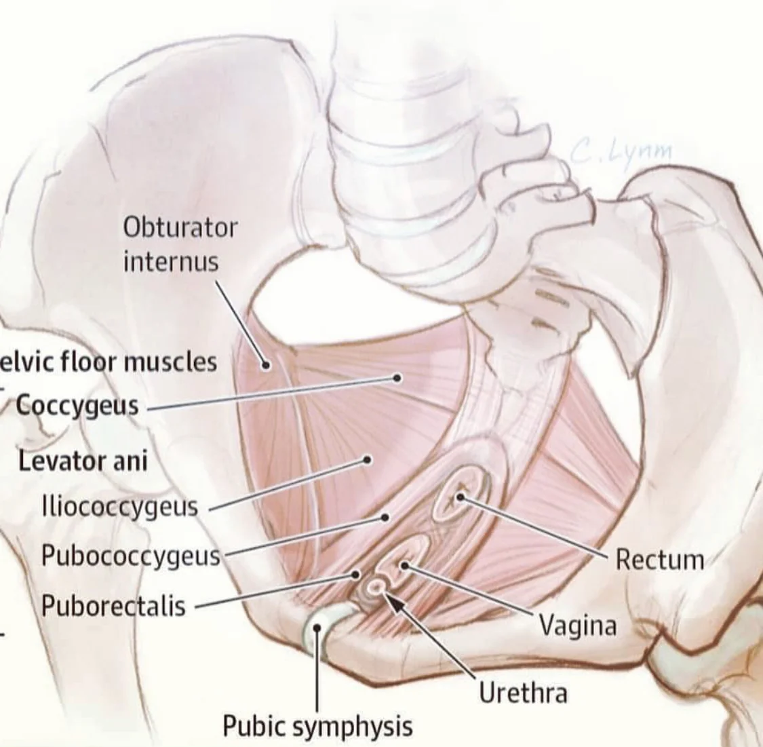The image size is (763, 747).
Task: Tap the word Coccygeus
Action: (77, 406)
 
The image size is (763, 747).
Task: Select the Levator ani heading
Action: (83, 462)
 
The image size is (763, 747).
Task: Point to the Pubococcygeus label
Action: (131, 556)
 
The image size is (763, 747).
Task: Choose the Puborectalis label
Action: (113, 605)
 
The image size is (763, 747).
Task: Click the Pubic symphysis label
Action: (317, 725)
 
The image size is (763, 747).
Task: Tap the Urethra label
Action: (523, 693)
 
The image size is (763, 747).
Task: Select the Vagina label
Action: (578, 626)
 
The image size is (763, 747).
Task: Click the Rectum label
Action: (659, 560)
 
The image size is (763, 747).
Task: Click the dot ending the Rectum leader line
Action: (460, 497)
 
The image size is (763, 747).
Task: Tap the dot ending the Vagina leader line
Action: (404, 565)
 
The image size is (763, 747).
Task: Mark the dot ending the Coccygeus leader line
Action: (397, 378)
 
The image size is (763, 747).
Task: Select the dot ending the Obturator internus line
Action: (267, 365)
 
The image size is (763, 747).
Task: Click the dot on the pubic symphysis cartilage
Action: (317, 628)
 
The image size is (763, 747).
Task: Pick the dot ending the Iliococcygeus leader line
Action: (367, 459)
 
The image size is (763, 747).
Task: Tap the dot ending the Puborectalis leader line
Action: (355, 575)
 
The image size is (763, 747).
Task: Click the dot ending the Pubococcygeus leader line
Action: (385, 517)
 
